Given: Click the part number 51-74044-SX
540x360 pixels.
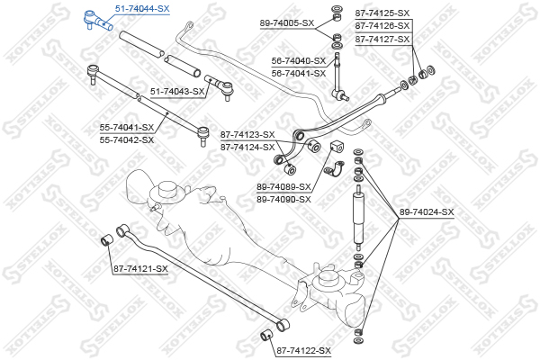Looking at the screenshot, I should click(x=141, y=7).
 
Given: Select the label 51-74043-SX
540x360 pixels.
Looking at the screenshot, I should click(x=177, y=91).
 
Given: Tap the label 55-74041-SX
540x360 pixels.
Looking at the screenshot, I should click(x=127, y=128).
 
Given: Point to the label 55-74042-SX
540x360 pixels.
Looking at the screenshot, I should click(x=127, y=139).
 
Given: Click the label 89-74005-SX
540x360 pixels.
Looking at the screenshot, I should click(x=287, y=22).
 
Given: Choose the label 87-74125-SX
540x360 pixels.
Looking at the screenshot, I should click(x=382, y=13).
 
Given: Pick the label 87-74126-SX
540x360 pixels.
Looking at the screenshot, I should click(x=382, y=26).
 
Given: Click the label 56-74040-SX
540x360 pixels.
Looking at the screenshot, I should click(x=299, y=60).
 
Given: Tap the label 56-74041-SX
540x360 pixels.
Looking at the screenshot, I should click(x=299, y=72).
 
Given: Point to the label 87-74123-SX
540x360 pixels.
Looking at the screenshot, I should click(x=247, y=134).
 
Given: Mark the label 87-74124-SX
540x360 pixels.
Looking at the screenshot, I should click(x=247, y=146).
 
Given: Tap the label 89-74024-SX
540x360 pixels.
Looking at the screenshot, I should click(x=427, y=212).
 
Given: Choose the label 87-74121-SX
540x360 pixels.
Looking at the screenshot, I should click(x=140, y=268).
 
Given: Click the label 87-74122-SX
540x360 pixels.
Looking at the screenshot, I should click(x=303, y=350).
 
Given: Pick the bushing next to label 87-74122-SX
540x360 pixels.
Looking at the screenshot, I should click(x=266, y=337).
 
